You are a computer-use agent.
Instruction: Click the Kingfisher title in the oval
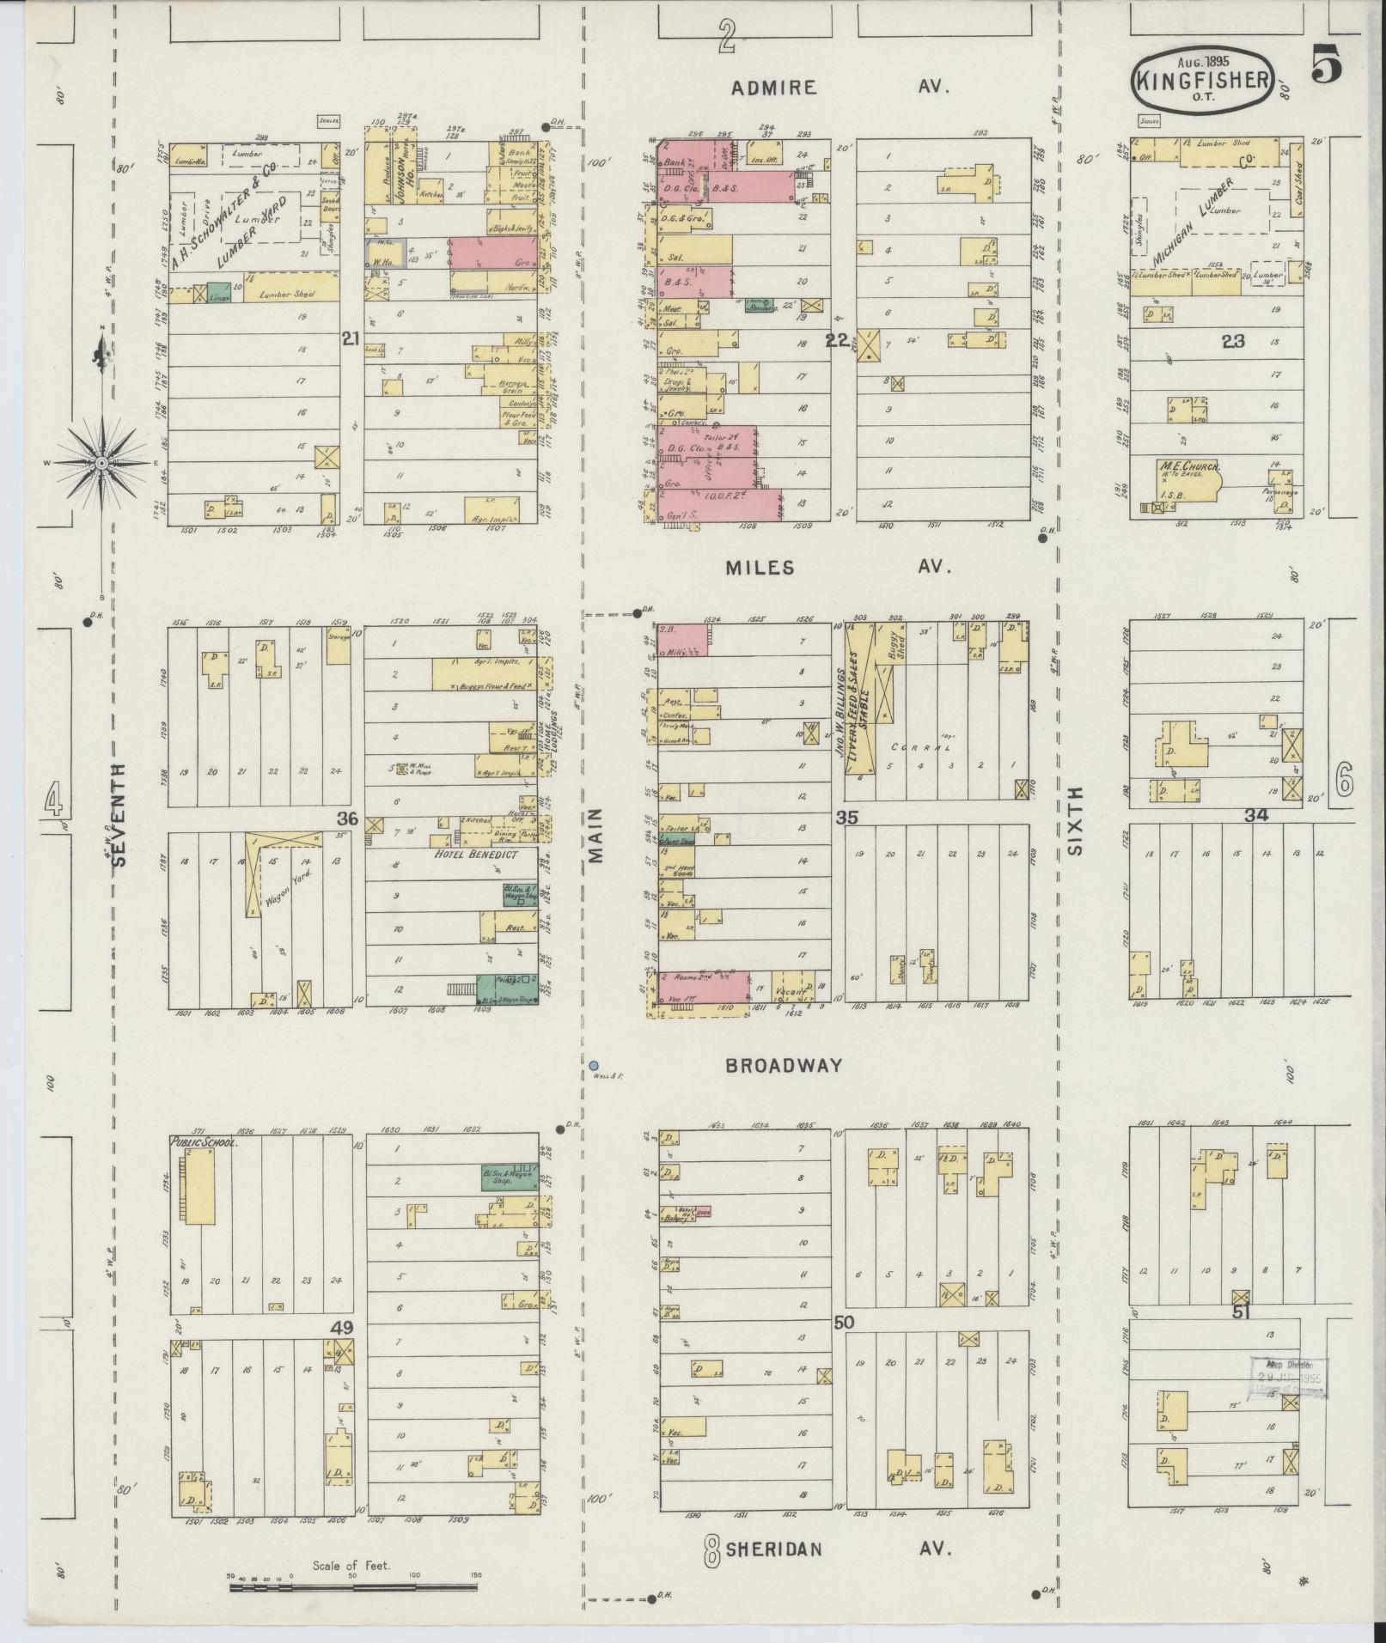(x=1203, y=80)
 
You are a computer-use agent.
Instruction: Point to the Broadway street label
(x=784, y=1065)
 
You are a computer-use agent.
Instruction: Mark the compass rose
(x=101, y=464)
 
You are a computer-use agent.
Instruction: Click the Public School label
(x=203, y=1143)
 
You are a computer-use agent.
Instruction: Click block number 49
(x=343, y=1351)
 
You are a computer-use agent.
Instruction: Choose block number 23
(x=1233, y=340)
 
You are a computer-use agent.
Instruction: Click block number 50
(x=844, y=1346)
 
